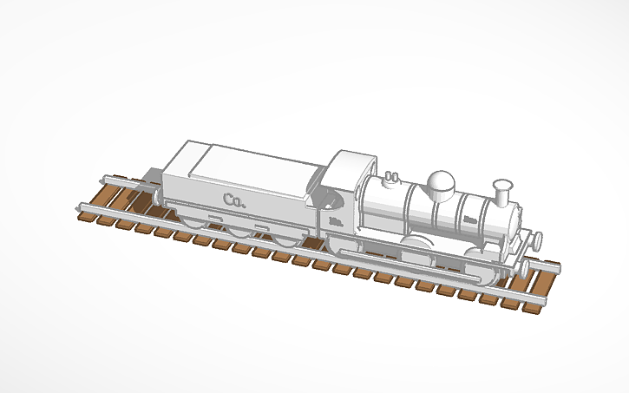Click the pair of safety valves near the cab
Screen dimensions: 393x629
pyautogui.click(x=390, y=177)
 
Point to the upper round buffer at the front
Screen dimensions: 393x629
pyautogui.click(x=538, y=238)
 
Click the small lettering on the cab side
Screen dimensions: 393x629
pyautogui.click(x=335, y=223)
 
